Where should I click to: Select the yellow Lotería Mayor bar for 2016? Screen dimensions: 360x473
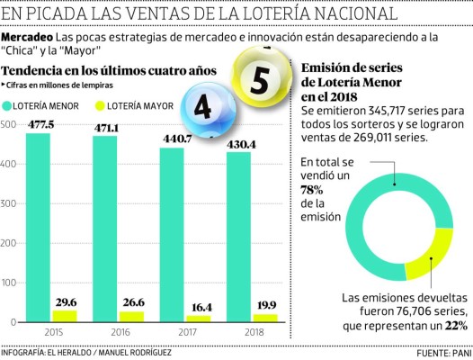132,316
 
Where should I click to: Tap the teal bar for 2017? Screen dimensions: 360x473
174,234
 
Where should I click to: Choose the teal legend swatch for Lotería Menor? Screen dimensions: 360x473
9,105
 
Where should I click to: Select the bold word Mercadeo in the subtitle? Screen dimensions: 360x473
26,40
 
